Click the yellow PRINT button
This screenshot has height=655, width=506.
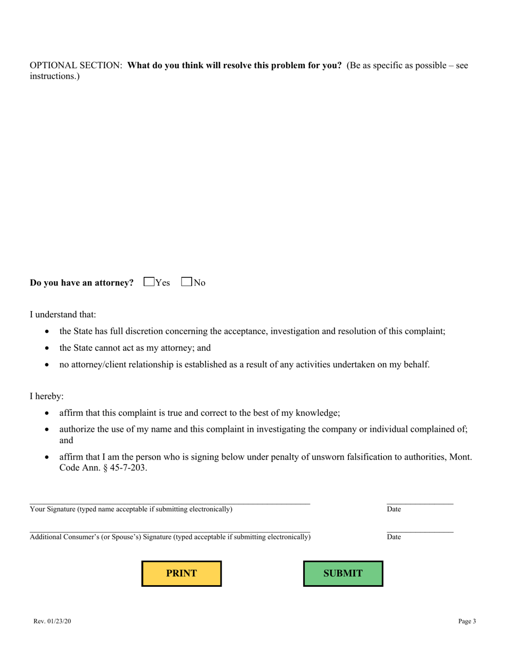pos(181,574)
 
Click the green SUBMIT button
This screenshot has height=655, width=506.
pos(343,574)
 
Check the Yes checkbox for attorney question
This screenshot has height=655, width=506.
pos(149,282)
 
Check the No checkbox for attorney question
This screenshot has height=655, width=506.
pos(187,282)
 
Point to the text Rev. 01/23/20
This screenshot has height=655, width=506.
pos(50,621)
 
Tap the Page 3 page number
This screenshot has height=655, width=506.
pos(467,621)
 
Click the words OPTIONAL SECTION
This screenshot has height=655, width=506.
pos(76,65)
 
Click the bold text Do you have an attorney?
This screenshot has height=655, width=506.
pos(81,283)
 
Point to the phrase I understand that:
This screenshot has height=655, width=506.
pos(63,315)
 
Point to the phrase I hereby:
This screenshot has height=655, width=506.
pos(47,396)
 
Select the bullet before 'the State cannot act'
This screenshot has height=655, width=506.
pos(48,348)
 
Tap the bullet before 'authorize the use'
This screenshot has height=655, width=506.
pos(48,429)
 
